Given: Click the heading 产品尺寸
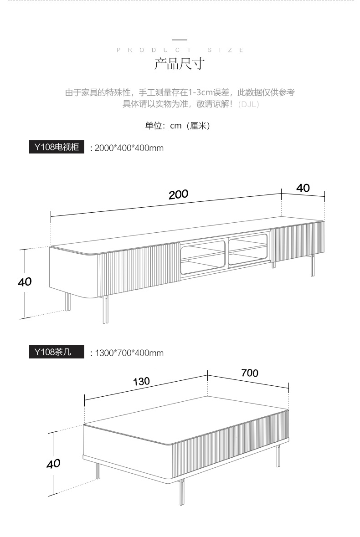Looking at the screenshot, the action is pyautogui.click(x=180, y=64).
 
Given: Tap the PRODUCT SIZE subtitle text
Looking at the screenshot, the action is pyautogui.click(x=180, y=50).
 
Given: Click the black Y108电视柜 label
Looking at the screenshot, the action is pyautogui.click(x=57, y=147).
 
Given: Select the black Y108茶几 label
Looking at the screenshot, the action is pyautogui.click(x=57, y=352).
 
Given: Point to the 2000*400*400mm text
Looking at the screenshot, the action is pyautogui.click(x=129, y=148).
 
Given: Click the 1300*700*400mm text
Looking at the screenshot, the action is pyautogui.click(x=129, y=353).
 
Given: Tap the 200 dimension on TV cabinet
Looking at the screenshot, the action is pyautogui.click(x=179, y=194).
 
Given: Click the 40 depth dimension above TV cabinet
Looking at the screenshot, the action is pyautogui.click(x=303, y=188).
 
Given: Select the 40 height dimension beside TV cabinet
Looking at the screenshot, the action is pyautogui.click(x=25, y=282).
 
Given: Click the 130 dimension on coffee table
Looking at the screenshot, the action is pyautogui.click(x=141, y=381).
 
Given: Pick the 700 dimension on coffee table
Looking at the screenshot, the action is pyautogui.click(x=250, y=373).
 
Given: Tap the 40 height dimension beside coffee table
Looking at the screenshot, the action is pyautogui.click(x=53, y=464).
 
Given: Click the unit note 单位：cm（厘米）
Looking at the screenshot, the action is pyautogui.click(x=178, y=126).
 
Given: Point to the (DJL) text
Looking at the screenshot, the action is pyautogui.click(x=249, y=104).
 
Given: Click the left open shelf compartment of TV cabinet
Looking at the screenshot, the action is pyautogui.click(x=203, y=257).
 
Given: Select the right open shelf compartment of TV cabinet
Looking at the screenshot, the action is pyautogui.click(x=247, y=249).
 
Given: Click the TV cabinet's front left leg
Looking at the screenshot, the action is pyautogui.click(x=106, y=309).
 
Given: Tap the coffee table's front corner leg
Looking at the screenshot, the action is pyautogui.click(x=182, y=492).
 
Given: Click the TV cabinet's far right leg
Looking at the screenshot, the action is pyautogui.click(x=313, y=265).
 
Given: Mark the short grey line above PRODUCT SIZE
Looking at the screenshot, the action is pyautogui.click(x=180, y=40).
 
